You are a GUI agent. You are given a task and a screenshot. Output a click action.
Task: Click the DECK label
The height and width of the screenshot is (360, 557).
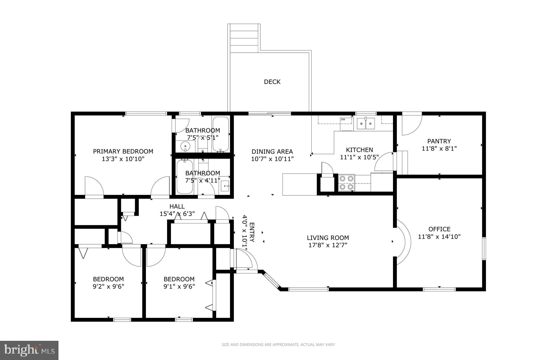[x=272, y=82]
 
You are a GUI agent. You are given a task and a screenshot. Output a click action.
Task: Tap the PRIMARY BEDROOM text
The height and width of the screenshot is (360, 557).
[x=123, y=151]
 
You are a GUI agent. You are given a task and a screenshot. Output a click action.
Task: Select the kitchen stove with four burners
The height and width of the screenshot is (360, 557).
[x=346, y=183]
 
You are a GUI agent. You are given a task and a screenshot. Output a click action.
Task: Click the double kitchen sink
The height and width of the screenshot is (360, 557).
[x=366, y=123]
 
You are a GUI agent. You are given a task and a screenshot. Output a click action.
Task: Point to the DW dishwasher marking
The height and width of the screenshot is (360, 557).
[x=343, y=120]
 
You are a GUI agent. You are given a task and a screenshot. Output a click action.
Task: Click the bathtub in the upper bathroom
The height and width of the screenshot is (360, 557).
[x=221, y=134]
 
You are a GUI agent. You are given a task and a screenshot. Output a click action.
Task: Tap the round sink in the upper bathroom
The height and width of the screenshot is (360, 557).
[x=185, y=146]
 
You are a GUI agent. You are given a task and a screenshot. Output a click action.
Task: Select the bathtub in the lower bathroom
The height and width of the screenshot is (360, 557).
[x=185, y=177]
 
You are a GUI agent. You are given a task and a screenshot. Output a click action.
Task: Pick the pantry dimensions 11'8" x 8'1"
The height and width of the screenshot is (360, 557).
[x=439, y=149]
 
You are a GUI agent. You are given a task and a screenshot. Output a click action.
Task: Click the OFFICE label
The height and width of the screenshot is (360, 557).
[x=439, y=229]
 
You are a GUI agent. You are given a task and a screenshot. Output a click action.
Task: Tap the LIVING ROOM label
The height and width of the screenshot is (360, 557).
[x=328, y=238]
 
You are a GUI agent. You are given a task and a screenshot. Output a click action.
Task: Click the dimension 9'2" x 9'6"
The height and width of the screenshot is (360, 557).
[x=108, y=286]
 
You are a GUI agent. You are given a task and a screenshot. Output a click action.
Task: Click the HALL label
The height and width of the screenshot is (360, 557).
[x=177, y=207]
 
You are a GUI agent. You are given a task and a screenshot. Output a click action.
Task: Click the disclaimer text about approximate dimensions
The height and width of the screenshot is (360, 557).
[x=278, y=345]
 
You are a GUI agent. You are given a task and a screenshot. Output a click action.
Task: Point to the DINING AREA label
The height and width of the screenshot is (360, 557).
[x=272, y=152]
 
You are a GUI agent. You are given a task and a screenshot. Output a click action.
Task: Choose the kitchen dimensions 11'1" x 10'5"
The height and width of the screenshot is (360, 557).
[x=359, y=157]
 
